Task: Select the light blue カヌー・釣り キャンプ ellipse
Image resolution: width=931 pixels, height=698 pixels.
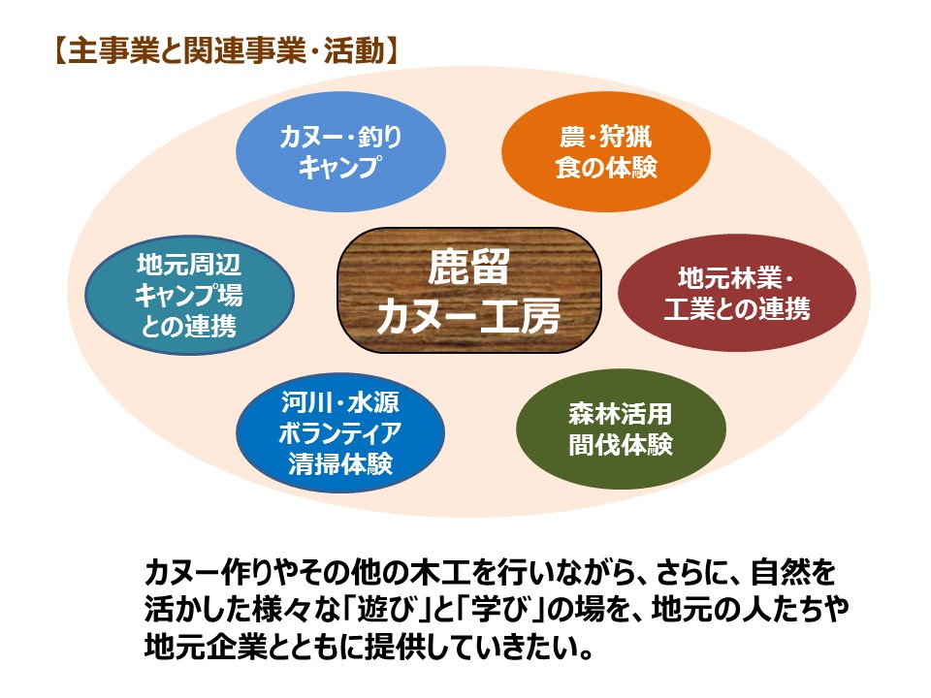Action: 340,151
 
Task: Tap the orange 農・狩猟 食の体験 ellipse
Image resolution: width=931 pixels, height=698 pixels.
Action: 605,151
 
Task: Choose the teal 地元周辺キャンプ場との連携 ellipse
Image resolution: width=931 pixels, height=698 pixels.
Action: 189,295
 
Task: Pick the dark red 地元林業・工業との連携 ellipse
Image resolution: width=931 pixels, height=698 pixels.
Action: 737,293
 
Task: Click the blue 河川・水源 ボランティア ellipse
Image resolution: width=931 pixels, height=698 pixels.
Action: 340,432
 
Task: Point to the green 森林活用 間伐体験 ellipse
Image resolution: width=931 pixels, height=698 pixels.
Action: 621,429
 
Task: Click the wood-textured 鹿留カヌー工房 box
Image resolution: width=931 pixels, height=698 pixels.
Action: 469,290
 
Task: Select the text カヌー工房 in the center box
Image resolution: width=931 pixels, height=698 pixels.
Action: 469,315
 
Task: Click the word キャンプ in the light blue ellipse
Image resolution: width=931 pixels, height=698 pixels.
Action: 339,166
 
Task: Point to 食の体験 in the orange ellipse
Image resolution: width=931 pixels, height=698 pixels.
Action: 606,167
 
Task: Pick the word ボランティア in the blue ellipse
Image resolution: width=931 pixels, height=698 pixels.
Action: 340,432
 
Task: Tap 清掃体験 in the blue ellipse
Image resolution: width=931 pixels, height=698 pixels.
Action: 340,463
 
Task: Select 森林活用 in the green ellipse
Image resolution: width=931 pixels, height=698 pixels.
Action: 621,414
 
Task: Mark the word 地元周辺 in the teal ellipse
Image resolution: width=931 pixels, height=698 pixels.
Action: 189,264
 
